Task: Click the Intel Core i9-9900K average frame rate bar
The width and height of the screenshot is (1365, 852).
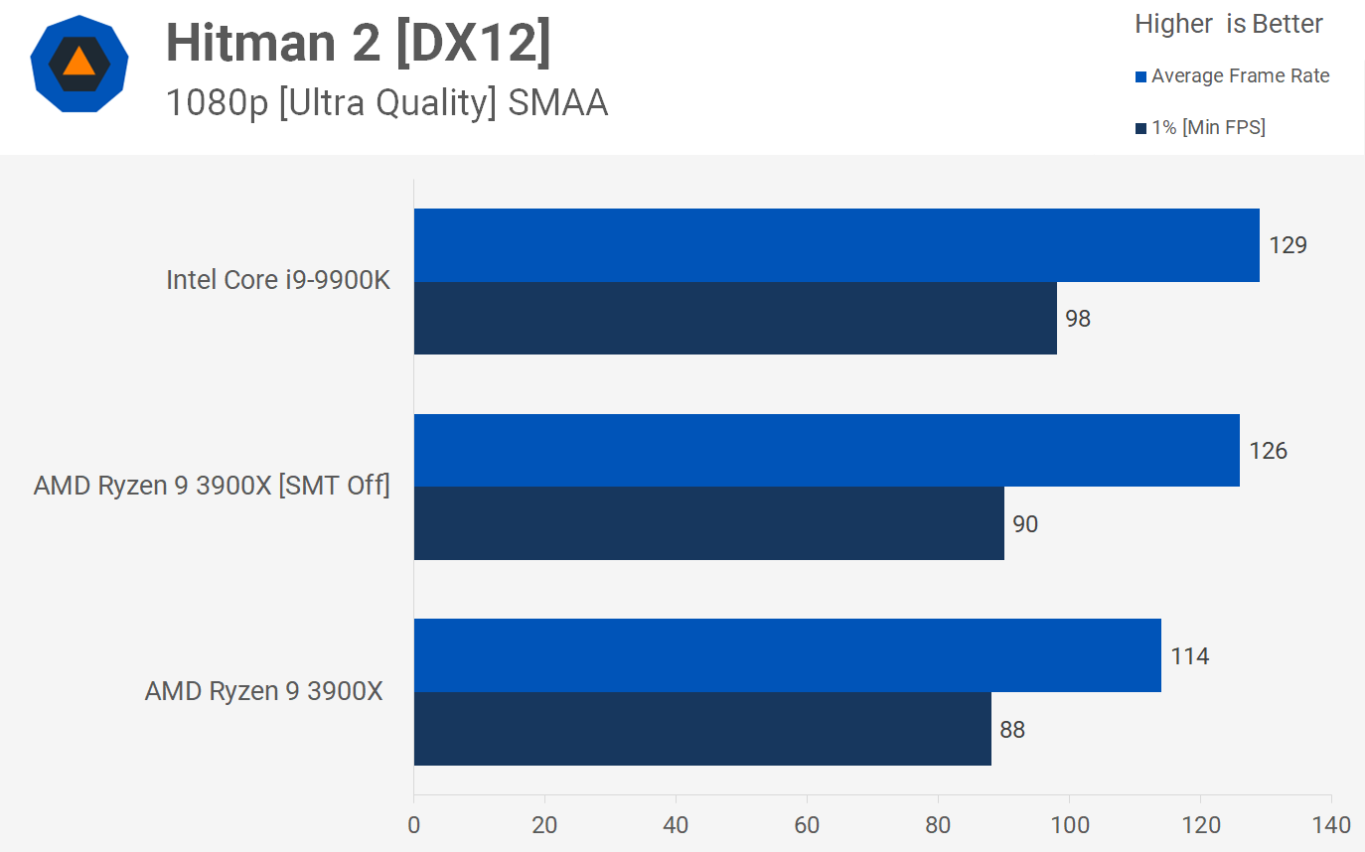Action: click(836, 245)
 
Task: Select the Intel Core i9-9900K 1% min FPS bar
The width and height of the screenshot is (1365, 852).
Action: click(735, 318)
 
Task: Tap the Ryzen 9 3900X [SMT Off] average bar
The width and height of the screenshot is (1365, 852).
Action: click(827, 451)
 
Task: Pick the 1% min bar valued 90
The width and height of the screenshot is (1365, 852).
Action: click(708, 523)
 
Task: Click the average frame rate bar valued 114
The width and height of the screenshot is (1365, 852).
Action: click(787, 655)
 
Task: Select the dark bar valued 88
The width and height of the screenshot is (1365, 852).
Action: click(702, 729)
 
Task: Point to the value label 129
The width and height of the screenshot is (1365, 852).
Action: click(1289, 245)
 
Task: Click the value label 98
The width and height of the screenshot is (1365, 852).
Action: click(1078, 319)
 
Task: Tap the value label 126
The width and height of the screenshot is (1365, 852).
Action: click(1269, 451)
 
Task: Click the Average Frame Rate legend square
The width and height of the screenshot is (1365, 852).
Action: click(1140, 76)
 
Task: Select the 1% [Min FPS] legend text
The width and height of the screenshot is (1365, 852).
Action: click(1208, 127)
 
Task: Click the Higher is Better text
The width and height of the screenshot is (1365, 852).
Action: click(1229, 24)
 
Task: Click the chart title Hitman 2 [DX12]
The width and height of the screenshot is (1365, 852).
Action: click(358, 43)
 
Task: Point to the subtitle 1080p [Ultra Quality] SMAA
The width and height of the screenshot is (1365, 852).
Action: click(386, 102)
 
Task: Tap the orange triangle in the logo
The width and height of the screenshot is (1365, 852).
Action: click(78, 63)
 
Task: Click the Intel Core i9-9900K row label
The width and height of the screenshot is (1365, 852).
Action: click(278, 280)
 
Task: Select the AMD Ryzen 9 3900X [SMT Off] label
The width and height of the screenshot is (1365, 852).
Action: click(212, 486)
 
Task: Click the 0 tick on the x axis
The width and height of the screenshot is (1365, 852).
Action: click(414, 824)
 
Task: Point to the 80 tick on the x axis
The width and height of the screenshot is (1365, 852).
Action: click(938, 824)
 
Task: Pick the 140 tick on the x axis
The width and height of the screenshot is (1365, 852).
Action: click(1331, 824)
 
